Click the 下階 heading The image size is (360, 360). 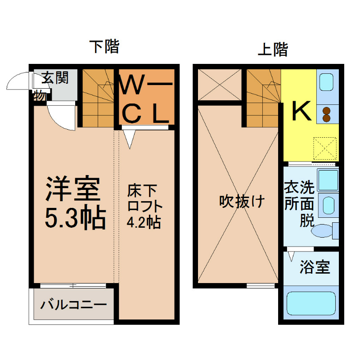point(104,46)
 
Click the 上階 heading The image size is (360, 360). point(273,49)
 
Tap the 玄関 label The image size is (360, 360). point(55,78)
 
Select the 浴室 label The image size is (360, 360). point(315,267)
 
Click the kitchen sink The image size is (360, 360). point(327,82)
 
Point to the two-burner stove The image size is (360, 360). point(327,114)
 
